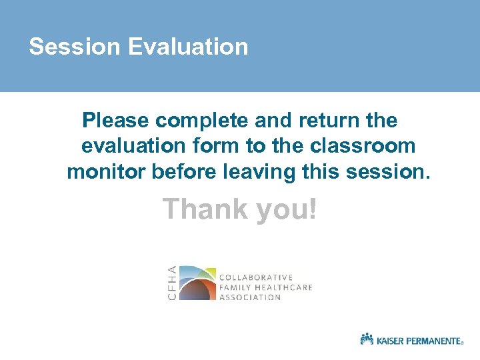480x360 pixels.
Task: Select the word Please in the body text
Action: (116, 121)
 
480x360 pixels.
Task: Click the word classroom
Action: (363, 146)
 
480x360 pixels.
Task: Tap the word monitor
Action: (107, 171)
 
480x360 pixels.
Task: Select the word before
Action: (184, 171)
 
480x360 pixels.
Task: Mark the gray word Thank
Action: (203, 209)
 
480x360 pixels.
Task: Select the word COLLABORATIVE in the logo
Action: (256, 277)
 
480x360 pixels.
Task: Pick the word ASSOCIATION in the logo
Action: (250, 297)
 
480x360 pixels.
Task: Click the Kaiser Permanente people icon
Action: (367, 339)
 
